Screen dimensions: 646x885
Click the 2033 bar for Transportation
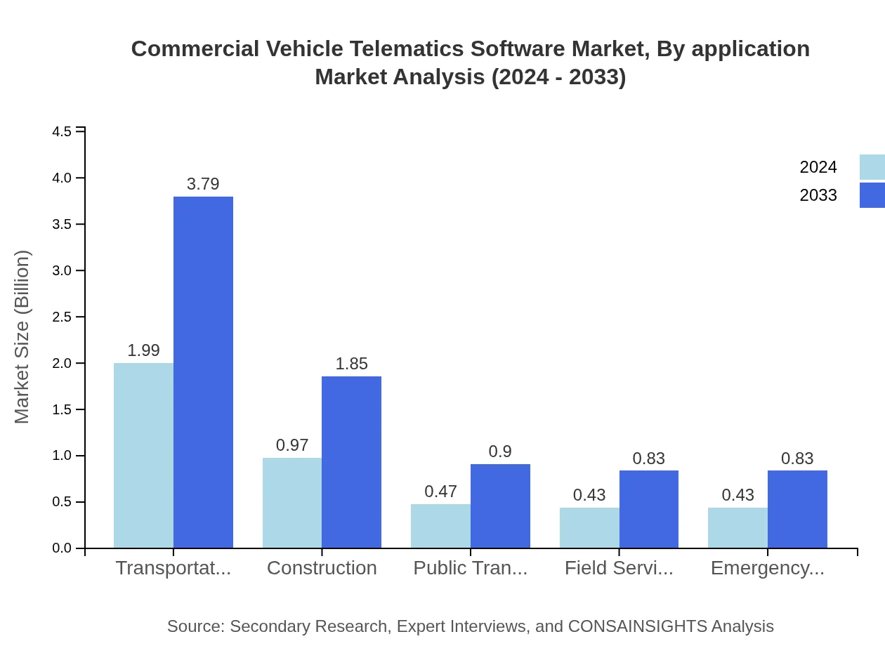(203, 372)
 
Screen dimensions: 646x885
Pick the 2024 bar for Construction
(292, 503)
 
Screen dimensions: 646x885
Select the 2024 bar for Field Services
(589, 527)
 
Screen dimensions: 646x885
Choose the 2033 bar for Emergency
(797, 509)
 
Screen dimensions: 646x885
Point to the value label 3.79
(203, 184)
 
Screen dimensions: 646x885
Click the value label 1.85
(351, 364)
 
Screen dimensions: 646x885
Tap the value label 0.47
(440, 492)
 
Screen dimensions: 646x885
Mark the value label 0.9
(500, 451)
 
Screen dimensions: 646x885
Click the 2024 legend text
(818, 167)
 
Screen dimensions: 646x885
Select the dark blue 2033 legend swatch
(872, 195)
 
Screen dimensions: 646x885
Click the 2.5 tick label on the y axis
(63, 317)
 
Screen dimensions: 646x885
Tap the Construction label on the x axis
(322, 568)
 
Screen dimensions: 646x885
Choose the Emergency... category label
(767, 568)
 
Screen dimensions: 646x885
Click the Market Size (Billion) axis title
(22, 337)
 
